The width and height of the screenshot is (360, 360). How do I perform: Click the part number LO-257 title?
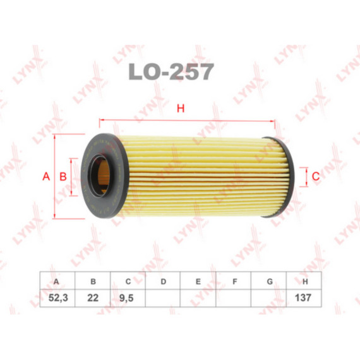pyautogui.click(x=171, y=71)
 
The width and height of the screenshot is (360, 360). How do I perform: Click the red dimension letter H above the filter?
pyautogui.click(x=181, y=109)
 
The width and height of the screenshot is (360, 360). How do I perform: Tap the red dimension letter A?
pyautogui.click(x=46, y=176)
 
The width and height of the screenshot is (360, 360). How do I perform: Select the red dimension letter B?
pyautogui.click(x=63, y=176)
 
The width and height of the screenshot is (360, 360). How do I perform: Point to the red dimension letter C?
pyautogui.click(x=316, y=176)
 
